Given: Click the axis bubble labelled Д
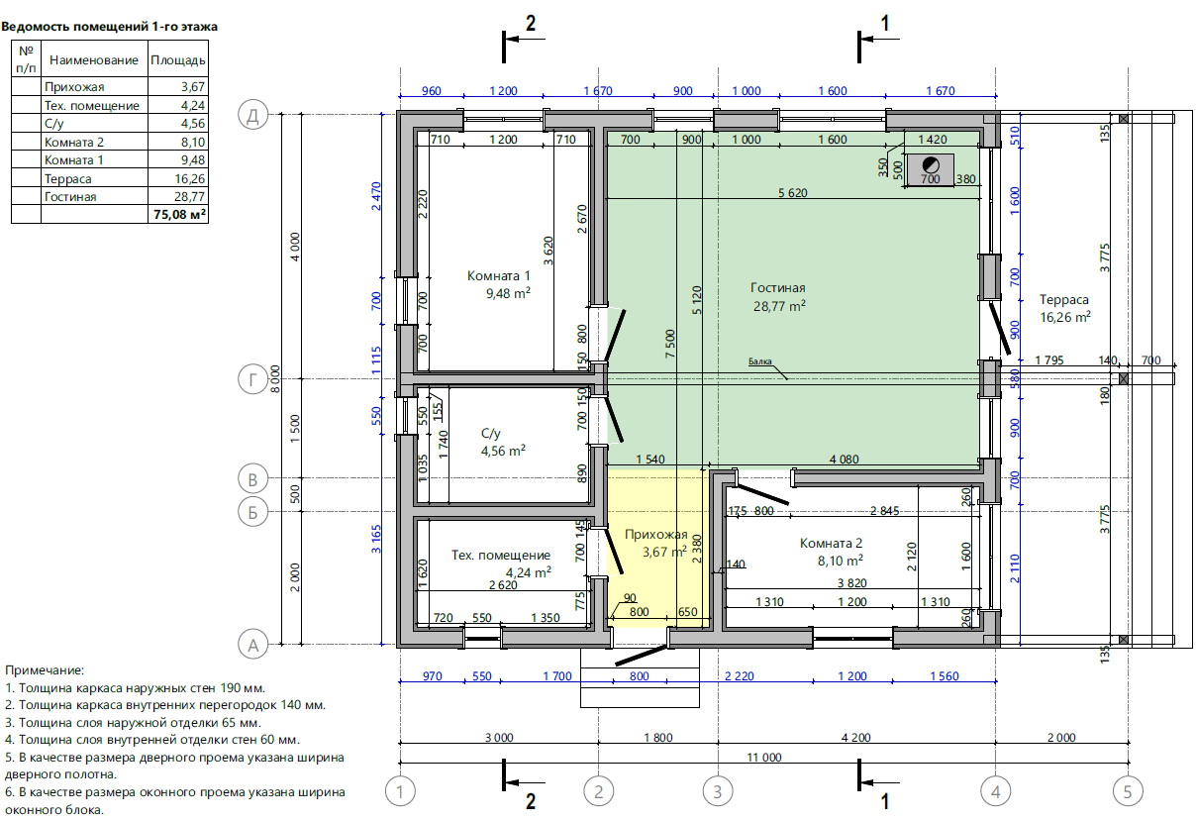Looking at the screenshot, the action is click(x=252, y=115).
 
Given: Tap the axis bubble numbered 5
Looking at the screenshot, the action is click(x=1128, y=791).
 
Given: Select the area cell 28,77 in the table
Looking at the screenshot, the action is click(x=189, y=197).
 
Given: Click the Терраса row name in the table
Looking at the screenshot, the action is click(x=67, y=179).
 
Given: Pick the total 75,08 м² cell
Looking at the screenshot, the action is click(x=179, y=214).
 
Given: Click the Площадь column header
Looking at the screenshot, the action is click(x=178, y=59).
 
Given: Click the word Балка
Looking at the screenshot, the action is click(x=759, y=361).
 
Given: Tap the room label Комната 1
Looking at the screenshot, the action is click(x=499, y=275).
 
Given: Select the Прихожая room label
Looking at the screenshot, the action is click(x=655, y=534).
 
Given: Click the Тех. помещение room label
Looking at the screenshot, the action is click(x=501, y=555).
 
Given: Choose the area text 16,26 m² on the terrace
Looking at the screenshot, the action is click(x=1065, y=317).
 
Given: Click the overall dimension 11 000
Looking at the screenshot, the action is click(x=764, y=757).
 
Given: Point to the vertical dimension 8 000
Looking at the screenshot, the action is click(x=275, y=378).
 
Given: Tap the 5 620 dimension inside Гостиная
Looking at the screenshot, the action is click(x=793, y=193).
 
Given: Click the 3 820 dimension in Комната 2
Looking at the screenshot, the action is click(x=852, y=583).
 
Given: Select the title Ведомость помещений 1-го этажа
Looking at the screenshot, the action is click(x=110, y=27).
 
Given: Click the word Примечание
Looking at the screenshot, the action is click(x=45, y=669).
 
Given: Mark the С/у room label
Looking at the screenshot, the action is click(x=491, y=433).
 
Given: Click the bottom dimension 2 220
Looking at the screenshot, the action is click(x=740, y=676).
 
